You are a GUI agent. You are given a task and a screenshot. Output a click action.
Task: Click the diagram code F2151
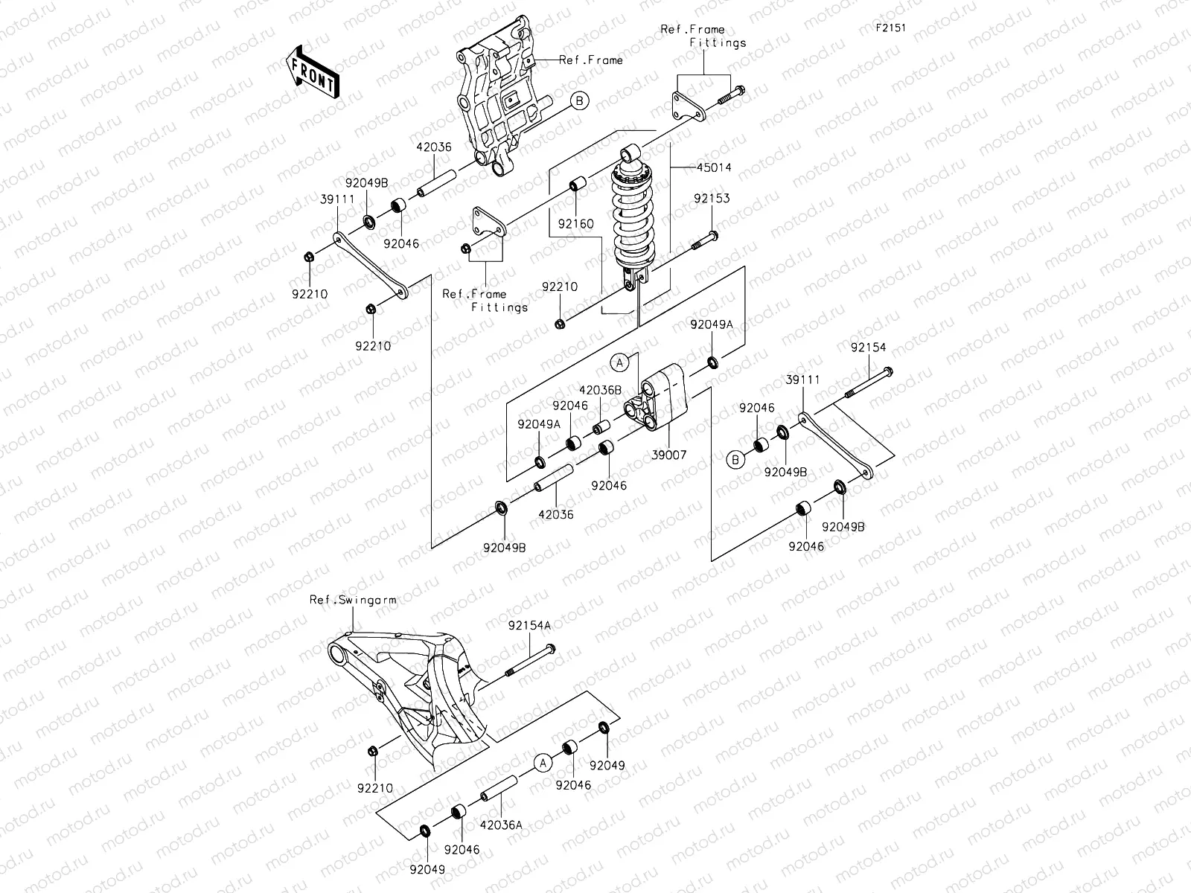[x=890, y=28]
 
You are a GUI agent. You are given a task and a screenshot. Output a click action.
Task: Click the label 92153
[x=712, y=199]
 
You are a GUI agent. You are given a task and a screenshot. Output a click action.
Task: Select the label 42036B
[x=601, y=389]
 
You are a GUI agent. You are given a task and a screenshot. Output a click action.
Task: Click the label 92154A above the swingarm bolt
[x=530, y=626]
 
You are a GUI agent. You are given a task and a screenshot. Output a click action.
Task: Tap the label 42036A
[x=501, y=825]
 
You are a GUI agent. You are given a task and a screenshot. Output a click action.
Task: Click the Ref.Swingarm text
[x=353, y=599]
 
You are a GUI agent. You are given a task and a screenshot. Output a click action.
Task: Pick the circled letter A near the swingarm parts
[x=543, y=762]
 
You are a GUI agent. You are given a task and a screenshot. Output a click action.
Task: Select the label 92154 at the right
[x=869, y=347]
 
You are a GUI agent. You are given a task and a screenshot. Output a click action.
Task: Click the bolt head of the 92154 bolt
[x=887, y=371]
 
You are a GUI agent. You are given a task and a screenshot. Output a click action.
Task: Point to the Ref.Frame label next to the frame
[x=591, y=60]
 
